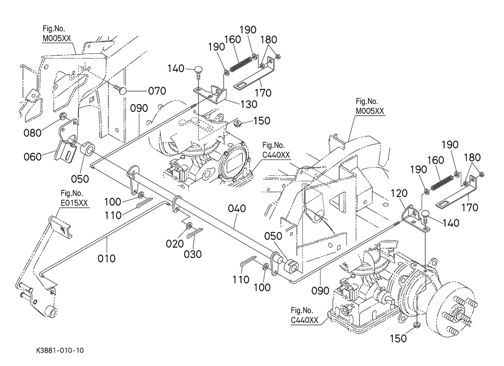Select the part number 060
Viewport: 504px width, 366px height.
coord(33,156)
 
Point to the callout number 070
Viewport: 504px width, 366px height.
coord(156,90)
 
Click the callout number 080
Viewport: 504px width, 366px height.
coord(33,132)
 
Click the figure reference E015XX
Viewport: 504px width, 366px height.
coord(74,203)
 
